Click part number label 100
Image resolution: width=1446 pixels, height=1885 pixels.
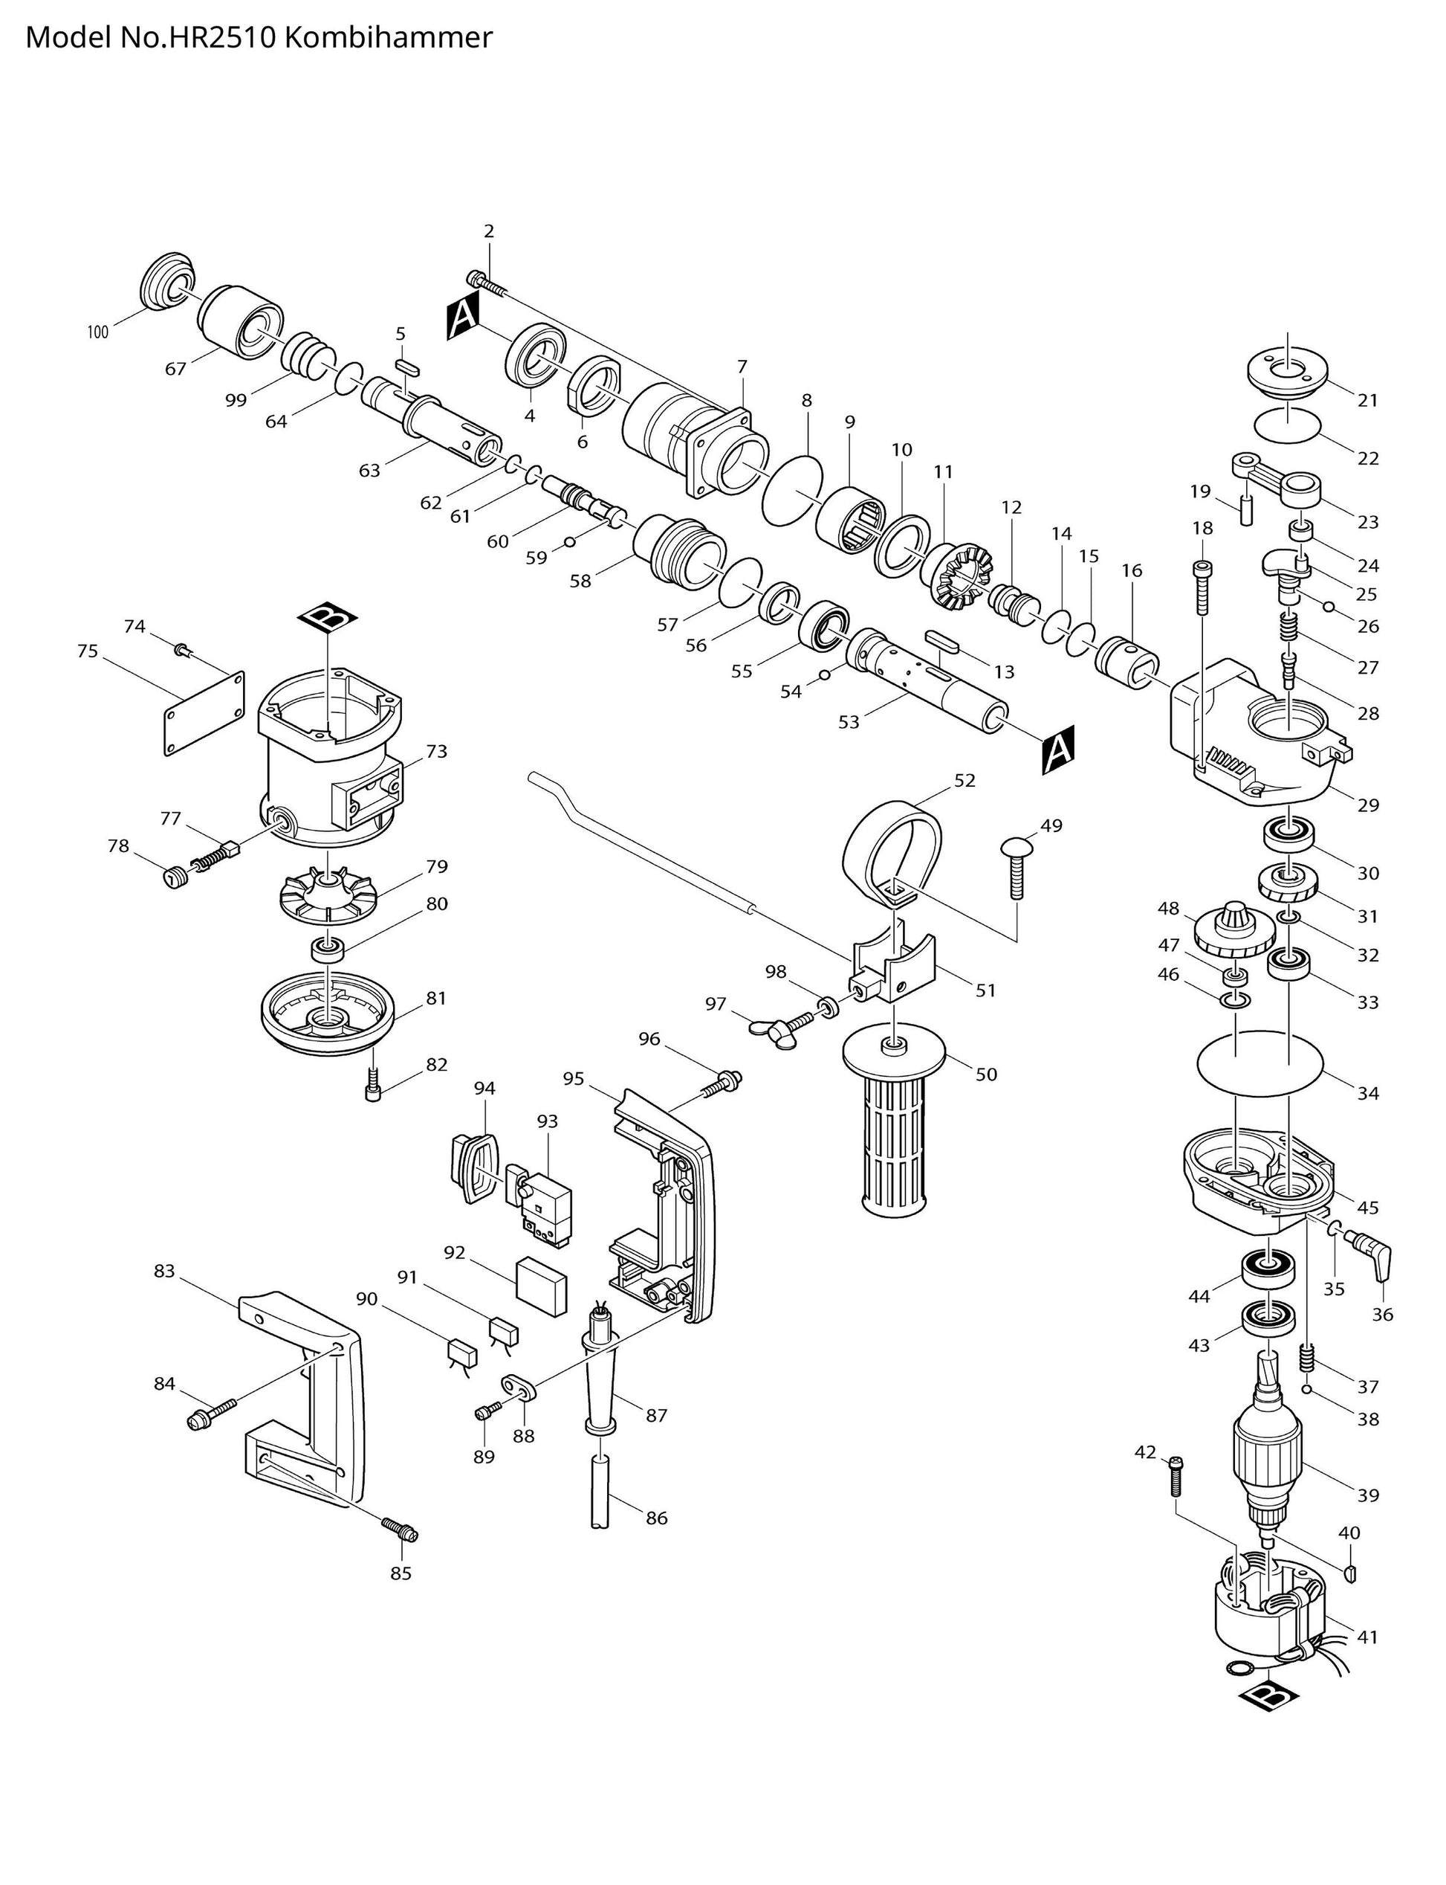click(x=98, y=332)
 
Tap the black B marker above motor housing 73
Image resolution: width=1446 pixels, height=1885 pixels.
click(x=328, y=616)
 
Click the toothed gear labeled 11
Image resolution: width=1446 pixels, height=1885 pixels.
click(x=960, y=576)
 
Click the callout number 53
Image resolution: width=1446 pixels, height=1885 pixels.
click(x=849, y=721)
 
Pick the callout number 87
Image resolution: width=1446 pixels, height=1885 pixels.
click(x=656, y=1415)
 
